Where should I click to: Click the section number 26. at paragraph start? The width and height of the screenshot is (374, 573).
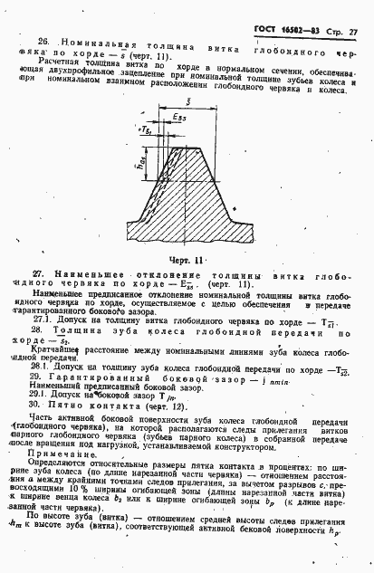tap(43, 43)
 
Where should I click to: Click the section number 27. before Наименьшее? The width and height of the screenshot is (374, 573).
tap(40, 272)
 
